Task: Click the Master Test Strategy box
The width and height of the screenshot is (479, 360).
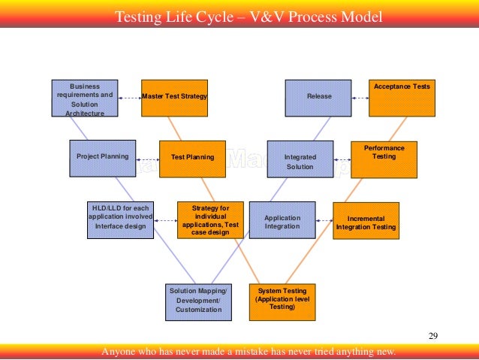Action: [174, 98]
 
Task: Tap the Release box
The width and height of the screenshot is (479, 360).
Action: [319, 98]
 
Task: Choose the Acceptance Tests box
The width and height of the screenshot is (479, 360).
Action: [402, 98]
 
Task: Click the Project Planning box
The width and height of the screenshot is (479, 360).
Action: [102, 158]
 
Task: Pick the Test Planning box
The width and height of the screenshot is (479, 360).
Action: [192, 158]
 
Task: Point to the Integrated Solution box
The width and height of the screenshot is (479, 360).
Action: [300, 159]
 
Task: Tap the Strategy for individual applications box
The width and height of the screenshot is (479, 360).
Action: [210, 219]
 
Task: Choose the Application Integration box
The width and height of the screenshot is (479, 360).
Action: [282, 221]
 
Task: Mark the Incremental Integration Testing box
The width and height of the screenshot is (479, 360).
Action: [366, 221]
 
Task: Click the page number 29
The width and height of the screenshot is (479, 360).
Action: [432, 334]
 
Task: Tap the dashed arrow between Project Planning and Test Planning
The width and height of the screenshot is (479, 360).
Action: [148, 158]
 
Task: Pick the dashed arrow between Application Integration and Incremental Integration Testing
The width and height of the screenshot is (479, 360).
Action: [324, 221]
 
